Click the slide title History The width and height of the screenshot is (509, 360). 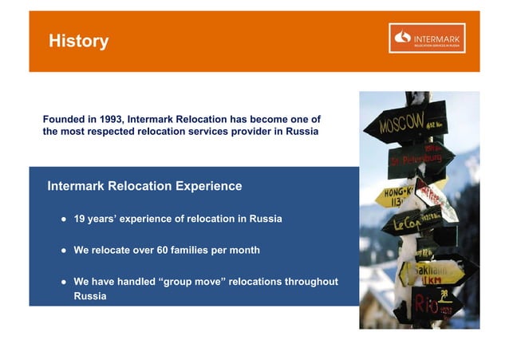point(78,42)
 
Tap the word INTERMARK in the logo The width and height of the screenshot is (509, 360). point(437,34)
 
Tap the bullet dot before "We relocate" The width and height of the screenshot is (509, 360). point(61,251)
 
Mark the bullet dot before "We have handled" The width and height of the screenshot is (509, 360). point(61,282)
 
